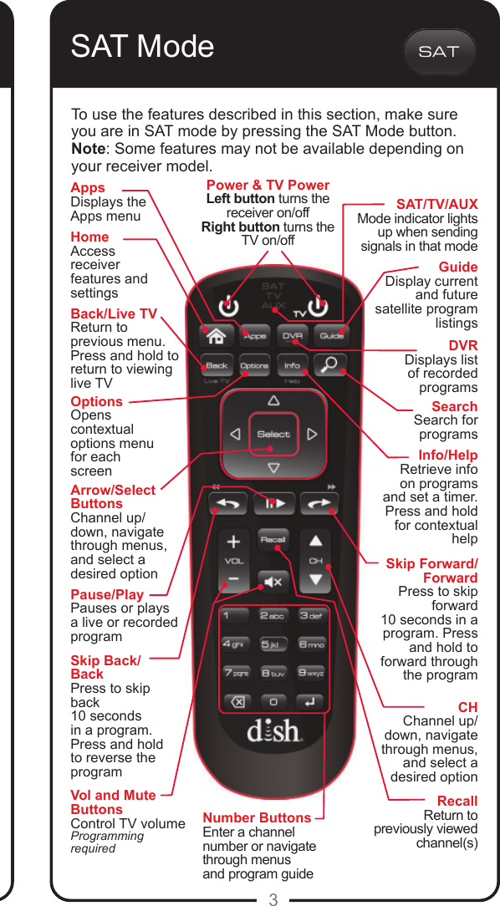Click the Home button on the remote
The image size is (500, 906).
[216, 336]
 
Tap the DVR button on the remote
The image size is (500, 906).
[292, 336]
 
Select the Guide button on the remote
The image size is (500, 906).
[332, 336]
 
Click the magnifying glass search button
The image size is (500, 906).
[330, 365]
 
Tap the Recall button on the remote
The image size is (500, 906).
[273, 539]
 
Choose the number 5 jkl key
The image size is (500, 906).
[273, 644]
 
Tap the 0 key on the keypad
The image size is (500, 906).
[273, 701]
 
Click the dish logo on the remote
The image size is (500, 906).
[273, 730]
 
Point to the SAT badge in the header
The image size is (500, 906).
[439, 52]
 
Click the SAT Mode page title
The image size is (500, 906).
[142, 47]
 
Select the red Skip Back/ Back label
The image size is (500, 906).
[105, 667]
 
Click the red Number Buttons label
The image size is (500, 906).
[257, 817]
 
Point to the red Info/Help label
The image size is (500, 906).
[447, 455]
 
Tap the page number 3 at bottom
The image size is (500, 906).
[273, 899]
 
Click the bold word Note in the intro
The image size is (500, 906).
[88, 149]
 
